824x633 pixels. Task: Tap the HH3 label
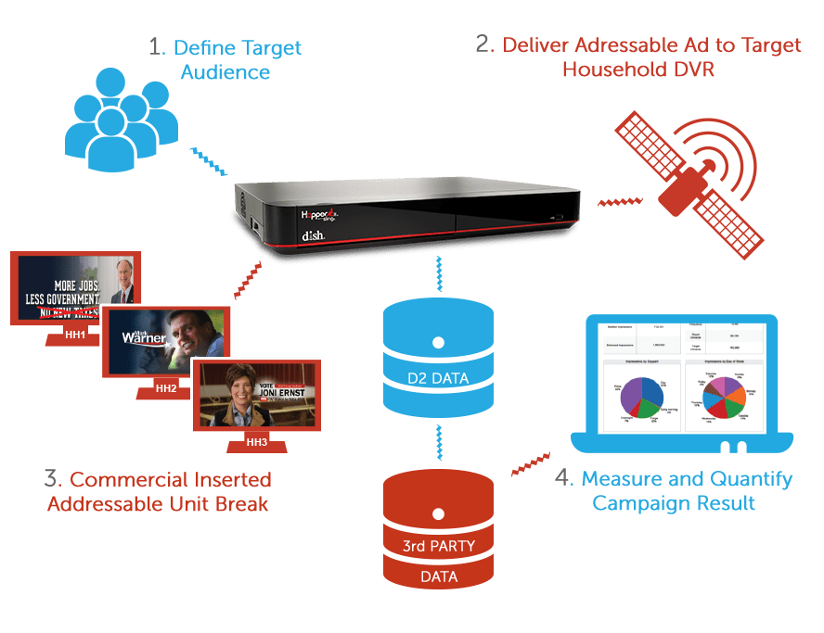257,442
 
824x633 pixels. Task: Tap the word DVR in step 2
693,70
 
